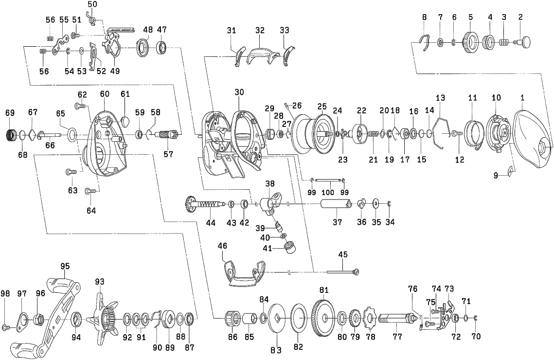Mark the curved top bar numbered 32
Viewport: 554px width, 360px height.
259,54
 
